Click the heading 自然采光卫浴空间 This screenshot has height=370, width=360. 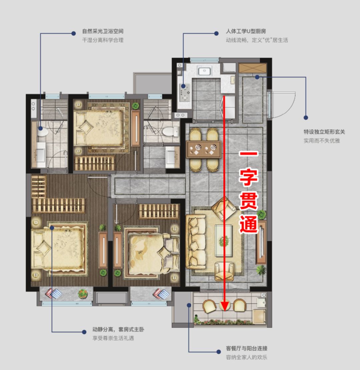pos(103,32)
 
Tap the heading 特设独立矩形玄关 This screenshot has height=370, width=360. pos(324,132)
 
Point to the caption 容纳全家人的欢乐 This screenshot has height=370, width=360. pos(246,358)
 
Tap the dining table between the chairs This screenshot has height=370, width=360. pos(203,149)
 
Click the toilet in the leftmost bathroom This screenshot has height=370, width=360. pos(42,131)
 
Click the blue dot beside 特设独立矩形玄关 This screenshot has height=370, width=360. pos(306,118)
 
